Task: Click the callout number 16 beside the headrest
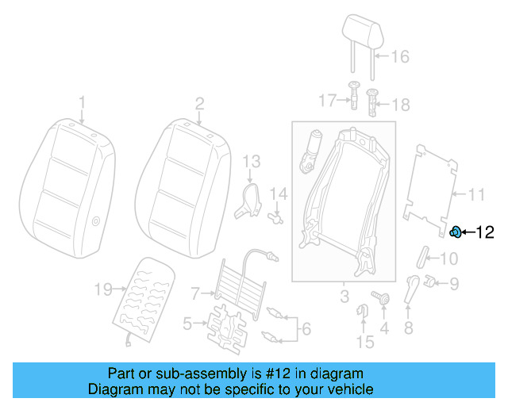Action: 400,56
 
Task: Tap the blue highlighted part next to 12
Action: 457,232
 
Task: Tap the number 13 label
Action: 251,162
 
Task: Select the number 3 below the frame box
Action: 344,297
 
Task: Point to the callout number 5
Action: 187,323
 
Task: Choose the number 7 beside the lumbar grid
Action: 196,294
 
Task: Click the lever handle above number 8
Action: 411,288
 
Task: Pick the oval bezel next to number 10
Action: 423,257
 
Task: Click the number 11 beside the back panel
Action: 475,194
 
